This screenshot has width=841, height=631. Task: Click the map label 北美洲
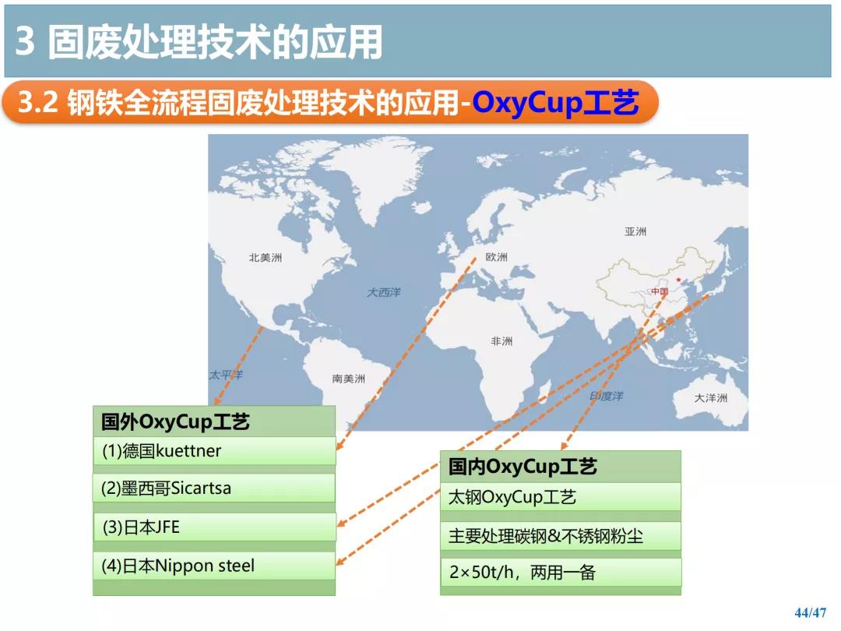click(265, 258)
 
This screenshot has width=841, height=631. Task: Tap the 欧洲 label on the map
click(496, 257)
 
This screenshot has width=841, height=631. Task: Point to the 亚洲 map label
click(635, 231)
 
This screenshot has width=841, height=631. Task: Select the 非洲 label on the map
click(501, 340)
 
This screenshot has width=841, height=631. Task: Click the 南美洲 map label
click(349, 379)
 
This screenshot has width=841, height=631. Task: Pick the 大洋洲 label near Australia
click(711, 397)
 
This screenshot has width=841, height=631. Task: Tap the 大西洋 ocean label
click(383, 292)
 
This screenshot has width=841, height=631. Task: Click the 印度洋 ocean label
click(606, 396)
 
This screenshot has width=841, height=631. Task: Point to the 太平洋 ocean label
click(225, 375)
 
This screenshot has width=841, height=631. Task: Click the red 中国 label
click(660, 291)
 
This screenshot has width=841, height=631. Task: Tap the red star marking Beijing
click(678, 280)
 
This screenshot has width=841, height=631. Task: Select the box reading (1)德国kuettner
click(215, 451)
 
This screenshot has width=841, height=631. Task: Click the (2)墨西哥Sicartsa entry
click(215, 488)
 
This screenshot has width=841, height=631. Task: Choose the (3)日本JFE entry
click(215, 527)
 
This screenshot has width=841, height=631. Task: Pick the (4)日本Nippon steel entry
click(215, 566)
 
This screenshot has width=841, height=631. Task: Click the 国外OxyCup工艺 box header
click(215, 421)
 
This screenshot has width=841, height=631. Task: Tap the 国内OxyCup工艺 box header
click(561, 467)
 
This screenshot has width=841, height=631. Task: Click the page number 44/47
click(811, 612)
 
